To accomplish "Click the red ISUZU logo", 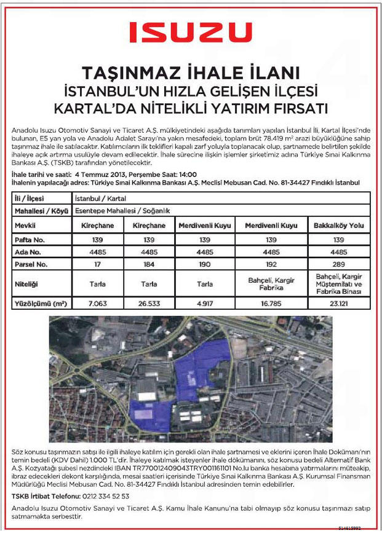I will coord(190,32).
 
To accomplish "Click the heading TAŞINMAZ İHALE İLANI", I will coord(191,72).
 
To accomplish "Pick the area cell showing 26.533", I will coord(149,304).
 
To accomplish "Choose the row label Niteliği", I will coord(27,283).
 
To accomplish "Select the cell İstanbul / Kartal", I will coord(98,199).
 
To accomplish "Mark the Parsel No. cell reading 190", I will coord(205,264).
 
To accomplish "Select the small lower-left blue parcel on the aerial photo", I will coord(151,417).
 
